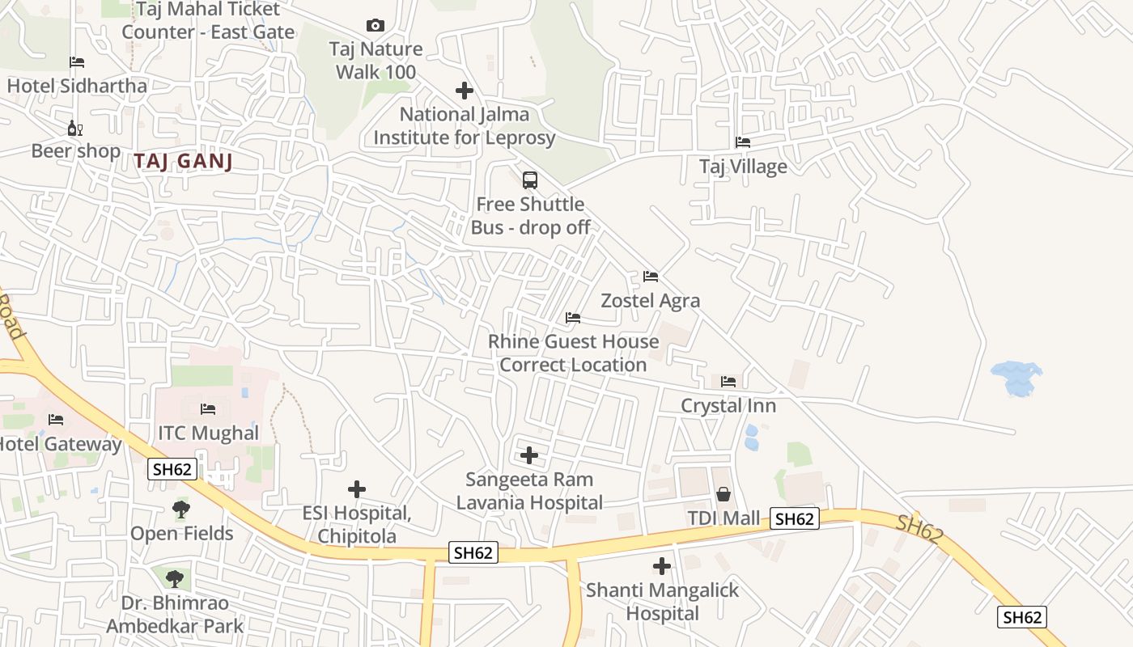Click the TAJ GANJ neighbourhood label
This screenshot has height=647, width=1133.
(184, 161)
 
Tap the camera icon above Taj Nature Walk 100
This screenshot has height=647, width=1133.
(376, 26)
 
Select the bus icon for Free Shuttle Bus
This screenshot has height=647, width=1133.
(530, 180)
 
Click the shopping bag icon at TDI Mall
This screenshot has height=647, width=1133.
(723, 494)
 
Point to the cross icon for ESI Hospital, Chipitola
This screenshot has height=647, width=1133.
(357, 489)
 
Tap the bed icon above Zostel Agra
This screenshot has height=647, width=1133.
(651, 277)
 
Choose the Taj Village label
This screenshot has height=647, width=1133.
(743, 167)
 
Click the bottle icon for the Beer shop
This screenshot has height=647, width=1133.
(75, 128)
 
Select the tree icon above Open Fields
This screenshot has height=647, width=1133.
(181, 510)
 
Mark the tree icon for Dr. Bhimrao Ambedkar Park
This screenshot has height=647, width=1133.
(175, 579)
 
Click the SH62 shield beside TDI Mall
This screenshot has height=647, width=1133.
(794, 519)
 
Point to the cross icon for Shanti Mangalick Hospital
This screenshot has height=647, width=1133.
(662, 566)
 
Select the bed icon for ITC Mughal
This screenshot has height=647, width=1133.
(208, 409)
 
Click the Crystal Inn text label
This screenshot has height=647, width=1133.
(728, 406)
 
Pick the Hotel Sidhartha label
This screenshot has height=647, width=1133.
(77, 86)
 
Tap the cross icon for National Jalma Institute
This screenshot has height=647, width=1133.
(465, 90)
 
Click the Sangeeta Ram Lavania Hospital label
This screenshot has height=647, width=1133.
(529, 491)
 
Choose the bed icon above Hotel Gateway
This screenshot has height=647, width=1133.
(56, 420)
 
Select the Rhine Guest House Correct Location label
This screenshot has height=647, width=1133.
(573, 353)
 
